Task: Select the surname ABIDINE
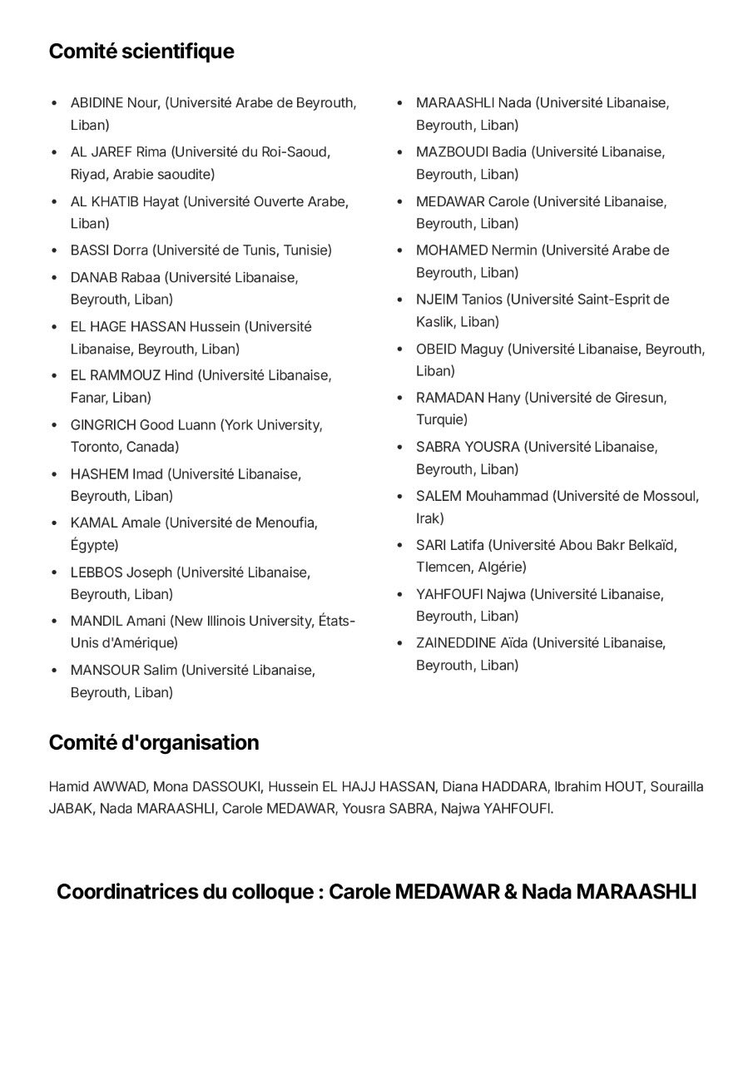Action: [x=97, y=103]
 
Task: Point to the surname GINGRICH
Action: [x=102, y=425]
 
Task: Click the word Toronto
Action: [x=96, y=447]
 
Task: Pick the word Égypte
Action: [x=94, y=545]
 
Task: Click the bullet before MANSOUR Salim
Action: [x=54, y=671]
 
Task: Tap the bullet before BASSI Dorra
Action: [x=54, y=250]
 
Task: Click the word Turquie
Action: [x=442, y=419]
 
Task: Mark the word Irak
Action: [x=429, y=518]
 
